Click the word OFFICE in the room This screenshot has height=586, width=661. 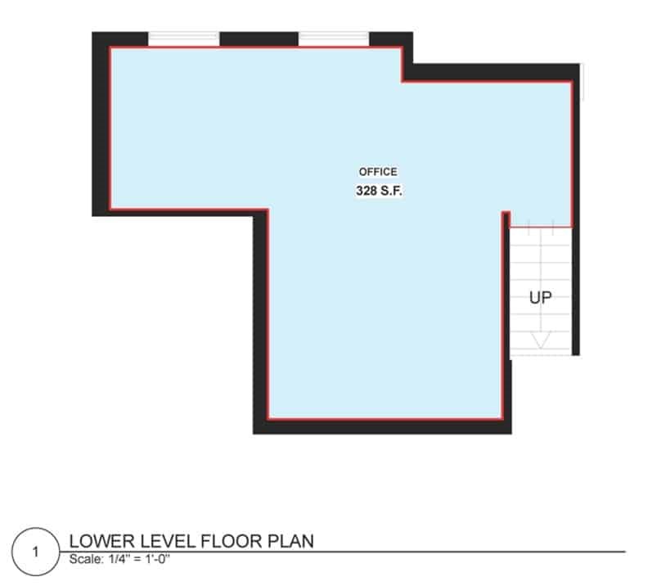378,172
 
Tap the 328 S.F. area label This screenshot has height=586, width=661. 378,191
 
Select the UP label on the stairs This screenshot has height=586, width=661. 540,298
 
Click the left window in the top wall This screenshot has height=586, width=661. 184,38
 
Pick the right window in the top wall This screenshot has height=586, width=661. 334,38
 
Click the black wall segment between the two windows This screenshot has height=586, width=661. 259,38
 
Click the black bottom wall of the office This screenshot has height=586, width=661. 383,426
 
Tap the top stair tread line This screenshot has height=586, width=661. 540,226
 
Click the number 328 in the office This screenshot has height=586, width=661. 366,191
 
